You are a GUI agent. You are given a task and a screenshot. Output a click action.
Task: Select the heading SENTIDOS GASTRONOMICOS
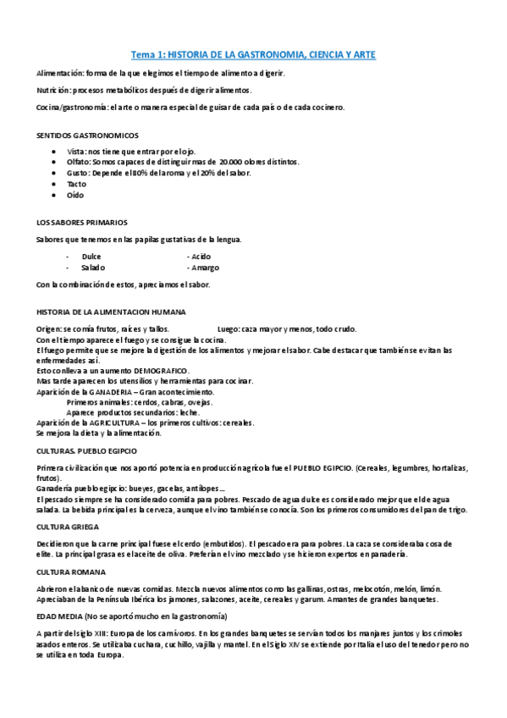[89, 135]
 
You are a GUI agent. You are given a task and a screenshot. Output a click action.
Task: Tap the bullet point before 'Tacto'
[55, 184]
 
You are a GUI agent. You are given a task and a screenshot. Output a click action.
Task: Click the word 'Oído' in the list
[75, 195]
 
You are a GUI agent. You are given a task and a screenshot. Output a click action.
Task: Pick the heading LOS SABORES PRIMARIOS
[83, 222]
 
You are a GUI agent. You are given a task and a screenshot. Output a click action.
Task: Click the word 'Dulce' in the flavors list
[91, 255]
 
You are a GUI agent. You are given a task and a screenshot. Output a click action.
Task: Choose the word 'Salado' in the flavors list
[93, 267]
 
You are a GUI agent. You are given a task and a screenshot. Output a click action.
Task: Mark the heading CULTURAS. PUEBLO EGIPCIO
[87, 450]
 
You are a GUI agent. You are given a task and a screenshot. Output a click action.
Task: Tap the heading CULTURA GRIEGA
[69, 527]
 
